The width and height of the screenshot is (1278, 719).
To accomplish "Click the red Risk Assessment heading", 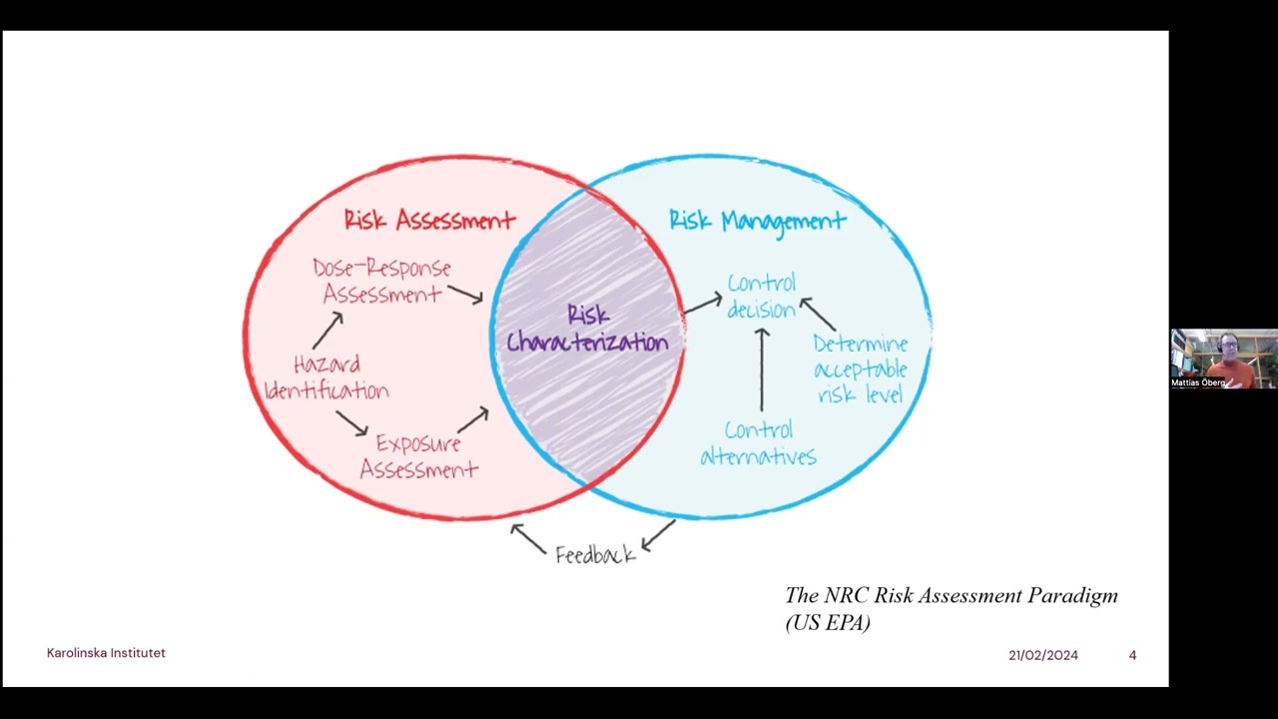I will tap(429, 220).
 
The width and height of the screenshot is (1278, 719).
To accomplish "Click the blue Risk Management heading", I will tap(757, 221).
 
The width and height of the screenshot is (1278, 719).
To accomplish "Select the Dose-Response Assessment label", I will tap(381, 282).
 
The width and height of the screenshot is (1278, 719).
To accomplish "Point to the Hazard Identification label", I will tap(326, 377).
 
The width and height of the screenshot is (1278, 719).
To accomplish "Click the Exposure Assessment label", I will tap(418, 456).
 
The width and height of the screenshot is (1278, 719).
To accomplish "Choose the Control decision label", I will tap(761, 296).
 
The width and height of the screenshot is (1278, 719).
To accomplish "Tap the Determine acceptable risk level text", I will tap(860, 369).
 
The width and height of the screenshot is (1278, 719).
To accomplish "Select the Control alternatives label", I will tap(758, 443).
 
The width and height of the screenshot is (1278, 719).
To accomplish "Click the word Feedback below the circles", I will tap(595, 555).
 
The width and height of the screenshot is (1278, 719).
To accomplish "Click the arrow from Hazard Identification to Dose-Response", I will tap(327, 330).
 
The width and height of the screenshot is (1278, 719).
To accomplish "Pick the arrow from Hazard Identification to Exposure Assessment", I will tap(351, 422).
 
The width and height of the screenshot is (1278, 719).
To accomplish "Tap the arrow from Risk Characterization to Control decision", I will tap(703, 303).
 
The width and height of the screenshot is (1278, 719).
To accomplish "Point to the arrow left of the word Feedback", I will tap(528, 538).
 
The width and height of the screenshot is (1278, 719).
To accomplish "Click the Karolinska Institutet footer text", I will tap(106, 653).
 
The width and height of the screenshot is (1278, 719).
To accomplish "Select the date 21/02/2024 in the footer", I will tap(1042, 655).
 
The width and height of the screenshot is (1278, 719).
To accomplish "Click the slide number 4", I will tap(1132, 655).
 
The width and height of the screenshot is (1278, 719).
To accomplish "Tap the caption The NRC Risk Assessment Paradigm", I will tap(951, 596).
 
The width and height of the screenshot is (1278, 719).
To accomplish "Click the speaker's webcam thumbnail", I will tap(1223, 359).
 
